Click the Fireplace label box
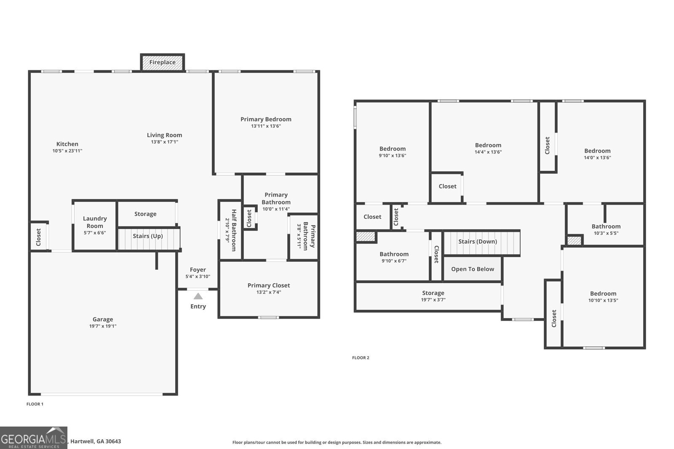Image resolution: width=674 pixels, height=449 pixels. pos(162,63)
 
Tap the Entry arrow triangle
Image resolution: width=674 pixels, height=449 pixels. pos(198,296)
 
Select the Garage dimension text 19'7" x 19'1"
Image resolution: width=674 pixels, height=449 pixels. pos(103,326)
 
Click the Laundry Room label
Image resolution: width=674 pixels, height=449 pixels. pos(95,222)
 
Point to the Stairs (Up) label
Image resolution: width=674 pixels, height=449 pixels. pos(147,236)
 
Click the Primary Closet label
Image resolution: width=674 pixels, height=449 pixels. pos(269,285)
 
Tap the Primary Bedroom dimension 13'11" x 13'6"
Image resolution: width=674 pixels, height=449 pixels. pos(266,126)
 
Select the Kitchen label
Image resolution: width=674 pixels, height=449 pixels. pos(67,144)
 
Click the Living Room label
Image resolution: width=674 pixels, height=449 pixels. pos(164,135)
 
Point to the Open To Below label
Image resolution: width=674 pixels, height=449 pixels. pos(472,269)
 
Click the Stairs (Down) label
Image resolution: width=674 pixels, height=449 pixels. pos(477,242)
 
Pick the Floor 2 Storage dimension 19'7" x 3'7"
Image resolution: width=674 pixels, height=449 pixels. pos(433,300)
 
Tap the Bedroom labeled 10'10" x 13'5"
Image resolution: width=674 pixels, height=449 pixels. pos(603,294)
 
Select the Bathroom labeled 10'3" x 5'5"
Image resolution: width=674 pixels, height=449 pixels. pos(606,226)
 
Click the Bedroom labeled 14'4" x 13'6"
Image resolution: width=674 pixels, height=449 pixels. pos(488,145)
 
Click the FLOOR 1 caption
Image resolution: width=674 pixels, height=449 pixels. pos(35,404)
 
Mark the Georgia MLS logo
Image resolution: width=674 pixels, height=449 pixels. pos(34,438)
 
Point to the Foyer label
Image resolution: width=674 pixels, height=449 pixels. pos(198,270)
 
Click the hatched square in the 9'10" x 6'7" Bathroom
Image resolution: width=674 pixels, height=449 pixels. pos(365,237)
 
